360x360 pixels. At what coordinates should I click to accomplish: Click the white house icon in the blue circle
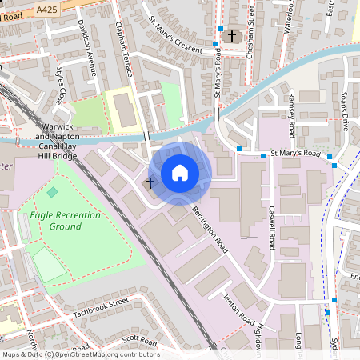[x=180, y=173]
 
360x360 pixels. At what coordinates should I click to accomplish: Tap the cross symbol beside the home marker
[x=150, y=184]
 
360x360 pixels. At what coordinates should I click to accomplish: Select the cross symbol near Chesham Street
[x=233, y=36]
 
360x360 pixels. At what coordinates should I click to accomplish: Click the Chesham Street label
[x=250, y=20]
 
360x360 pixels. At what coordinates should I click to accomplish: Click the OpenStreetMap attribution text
[x=80, y=354]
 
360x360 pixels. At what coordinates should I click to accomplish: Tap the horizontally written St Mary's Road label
[x=294, y=154]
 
